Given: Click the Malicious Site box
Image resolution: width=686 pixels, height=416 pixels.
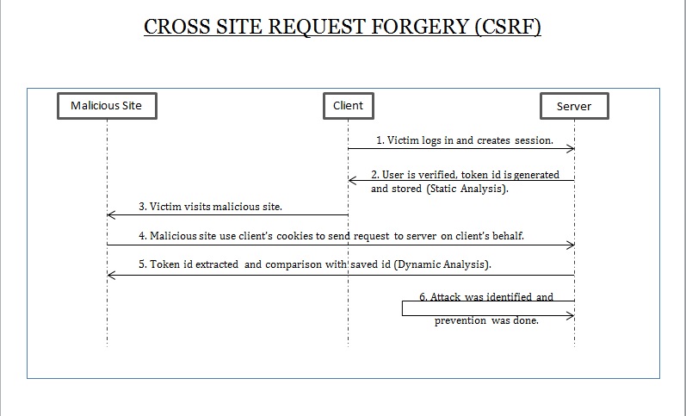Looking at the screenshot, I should point(107,106).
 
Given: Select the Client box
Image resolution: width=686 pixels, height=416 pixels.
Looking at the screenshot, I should point(348,106).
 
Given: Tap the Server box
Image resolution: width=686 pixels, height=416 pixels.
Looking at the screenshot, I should point(573,106).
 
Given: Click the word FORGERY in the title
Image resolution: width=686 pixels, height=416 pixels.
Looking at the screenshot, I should point(404,27).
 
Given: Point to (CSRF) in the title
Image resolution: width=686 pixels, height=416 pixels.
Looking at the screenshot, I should point(507,27).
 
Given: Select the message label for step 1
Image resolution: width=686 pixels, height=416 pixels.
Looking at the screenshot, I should point(464,140).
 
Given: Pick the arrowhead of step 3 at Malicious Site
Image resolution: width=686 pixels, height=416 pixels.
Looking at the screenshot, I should point(111,215).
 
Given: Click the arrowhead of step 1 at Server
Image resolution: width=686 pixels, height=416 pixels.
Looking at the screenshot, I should point(570,149).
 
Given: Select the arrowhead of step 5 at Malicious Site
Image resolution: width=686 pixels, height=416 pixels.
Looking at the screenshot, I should point(111,276).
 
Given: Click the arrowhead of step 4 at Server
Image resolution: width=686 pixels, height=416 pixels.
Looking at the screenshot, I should point(570,245).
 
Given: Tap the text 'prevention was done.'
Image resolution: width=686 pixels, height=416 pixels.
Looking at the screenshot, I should point(486,320).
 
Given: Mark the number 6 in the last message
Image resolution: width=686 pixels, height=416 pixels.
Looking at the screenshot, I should point(423,297).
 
